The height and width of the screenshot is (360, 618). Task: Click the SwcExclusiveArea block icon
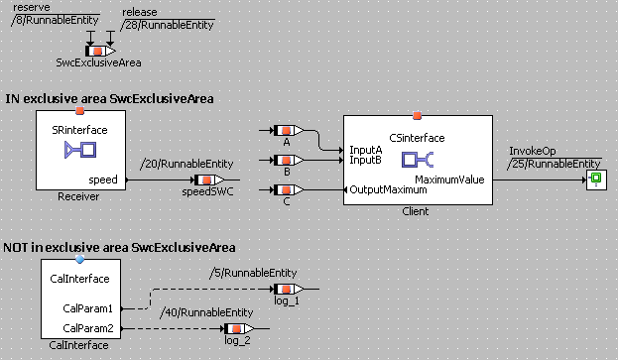point(100,51)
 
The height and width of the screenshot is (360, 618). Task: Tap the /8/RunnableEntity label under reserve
point(56,20)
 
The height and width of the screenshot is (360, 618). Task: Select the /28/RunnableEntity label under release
point(167,25)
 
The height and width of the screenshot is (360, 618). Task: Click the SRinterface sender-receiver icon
point(80,150)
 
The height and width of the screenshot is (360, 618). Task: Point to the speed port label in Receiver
point(103,180)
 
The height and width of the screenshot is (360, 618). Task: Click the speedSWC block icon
point(209,180)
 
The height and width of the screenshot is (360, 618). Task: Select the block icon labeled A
point(288,130)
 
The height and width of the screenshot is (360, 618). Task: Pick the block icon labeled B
point(288,160)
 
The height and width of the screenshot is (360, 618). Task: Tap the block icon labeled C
point(288,189)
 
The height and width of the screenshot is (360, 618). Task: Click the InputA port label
point(366,150)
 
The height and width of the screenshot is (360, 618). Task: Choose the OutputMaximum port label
point(388,189)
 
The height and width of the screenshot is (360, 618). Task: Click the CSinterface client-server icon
point(418,160)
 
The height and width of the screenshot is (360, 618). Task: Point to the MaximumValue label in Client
point(449,180)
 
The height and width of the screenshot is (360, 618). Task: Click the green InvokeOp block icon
point(596,180)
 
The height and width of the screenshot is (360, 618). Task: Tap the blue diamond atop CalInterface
point(80,259)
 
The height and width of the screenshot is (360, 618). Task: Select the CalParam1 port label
point(88,308)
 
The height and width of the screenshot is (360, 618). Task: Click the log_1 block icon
point(288,290)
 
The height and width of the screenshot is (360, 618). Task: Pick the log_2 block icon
point(238,328)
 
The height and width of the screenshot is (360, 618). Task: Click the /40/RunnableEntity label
point(206,312)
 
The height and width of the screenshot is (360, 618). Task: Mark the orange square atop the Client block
point(417,115)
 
